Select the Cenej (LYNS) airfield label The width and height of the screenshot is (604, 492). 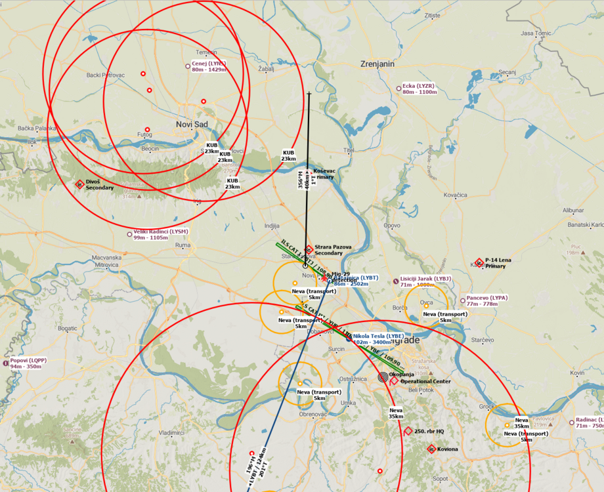[209, 64]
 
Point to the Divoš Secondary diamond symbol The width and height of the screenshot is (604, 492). [80, 184]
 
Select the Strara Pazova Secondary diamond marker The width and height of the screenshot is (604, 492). [309, 248]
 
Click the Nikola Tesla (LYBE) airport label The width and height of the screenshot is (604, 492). [378, 336]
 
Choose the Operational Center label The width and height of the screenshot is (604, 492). [425, 381]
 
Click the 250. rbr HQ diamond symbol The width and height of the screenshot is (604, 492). [408, 431]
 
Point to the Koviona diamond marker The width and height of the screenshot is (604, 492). [431, 449]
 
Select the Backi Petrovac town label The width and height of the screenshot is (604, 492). [105, 75]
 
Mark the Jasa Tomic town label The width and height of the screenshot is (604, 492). [536, 33]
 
